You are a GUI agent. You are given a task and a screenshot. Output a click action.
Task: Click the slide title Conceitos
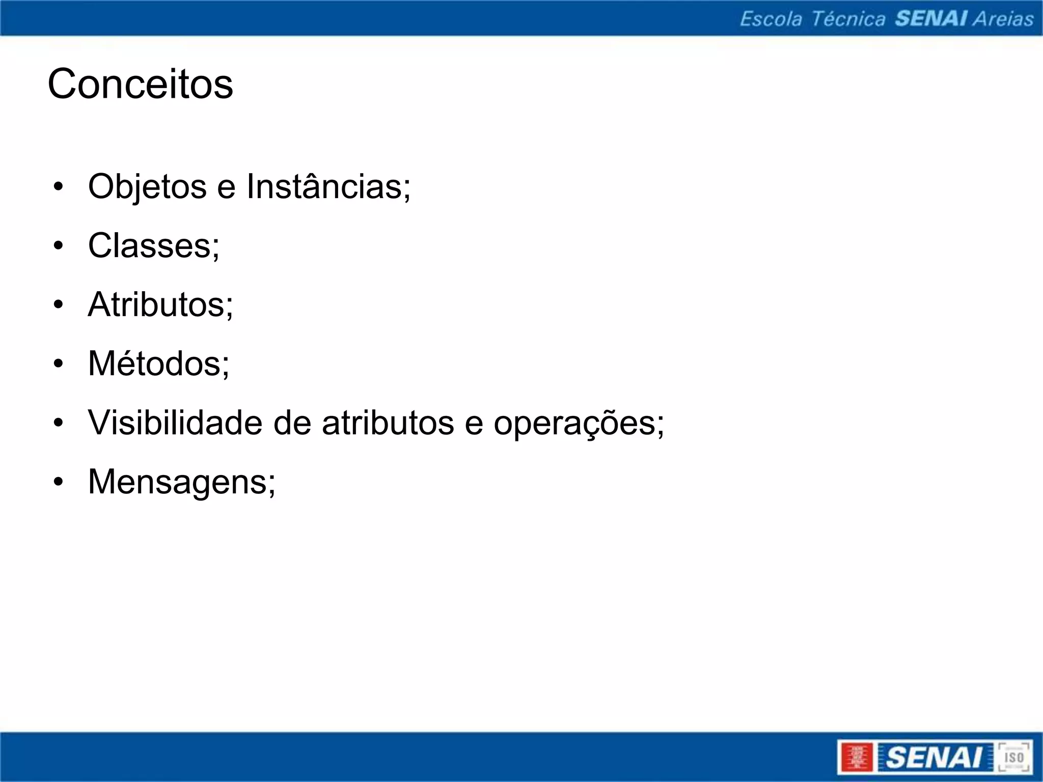140,84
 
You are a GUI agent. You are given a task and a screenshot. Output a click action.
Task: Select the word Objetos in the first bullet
147,187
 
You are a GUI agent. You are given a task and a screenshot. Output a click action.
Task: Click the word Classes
153,246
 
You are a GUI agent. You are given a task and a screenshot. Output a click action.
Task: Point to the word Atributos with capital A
160,304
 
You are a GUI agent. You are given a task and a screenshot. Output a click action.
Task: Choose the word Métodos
158,364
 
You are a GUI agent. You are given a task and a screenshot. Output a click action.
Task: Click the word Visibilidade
176,423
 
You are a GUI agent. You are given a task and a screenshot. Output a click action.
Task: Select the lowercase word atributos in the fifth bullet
388,424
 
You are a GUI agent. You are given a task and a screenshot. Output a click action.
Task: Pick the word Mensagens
181,482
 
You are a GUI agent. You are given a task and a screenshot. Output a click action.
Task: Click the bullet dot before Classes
59,246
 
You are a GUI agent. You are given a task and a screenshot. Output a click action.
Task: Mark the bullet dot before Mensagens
59,482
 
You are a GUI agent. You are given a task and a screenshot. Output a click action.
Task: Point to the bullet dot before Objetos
59,187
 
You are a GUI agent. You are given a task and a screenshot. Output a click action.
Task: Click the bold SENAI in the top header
931,19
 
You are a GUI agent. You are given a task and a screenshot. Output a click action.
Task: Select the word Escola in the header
771,19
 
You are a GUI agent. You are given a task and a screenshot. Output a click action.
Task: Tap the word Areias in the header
1003,19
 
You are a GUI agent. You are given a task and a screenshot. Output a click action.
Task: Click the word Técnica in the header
848,19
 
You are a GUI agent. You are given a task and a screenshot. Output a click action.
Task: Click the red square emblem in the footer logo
857,757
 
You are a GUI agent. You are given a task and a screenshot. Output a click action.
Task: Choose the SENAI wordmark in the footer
934,757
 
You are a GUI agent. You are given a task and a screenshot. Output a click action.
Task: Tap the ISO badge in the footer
1013,757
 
